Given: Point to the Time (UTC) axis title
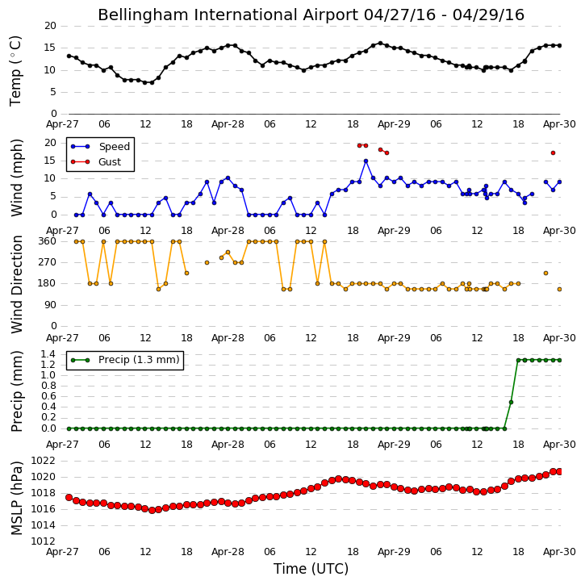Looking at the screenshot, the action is tap(311, 569).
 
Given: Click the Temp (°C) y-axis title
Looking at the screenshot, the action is tap(15, 71).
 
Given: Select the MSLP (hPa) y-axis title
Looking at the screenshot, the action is tap(16, 499).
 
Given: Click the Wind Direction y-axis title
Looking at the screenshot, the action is tap(16, 284).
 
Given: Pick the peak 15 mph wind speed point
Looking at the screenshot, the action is tap(366, 161).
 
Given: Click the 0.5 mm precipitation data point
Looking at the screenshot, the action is tap(511, 402).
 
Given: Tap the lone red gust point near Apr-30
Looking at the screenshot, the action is tap(553, 153).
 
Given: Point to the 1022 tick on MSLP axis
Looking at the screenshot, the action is tap(43, 461).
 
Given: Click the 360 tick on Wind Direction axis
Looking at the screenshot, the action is tap(48, 241).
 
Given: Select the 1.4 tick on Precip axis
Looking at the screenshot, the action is tap(48, 354).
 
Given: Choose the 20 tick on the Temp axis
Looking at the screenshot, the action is tap(50, 26).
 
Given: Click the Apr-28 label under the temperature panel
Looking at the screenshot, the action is tap(228, 124).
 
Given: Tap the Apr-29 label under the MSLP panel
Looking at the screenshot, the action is tap(394, 551).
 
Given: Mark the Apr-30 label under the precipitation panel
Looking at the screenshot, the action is tap(559, 445).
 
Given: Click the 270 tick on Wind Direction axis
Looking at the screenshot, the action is tap(48, 262).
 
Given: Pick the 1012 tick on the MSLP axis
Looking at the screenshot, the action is tap(43, 541).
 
